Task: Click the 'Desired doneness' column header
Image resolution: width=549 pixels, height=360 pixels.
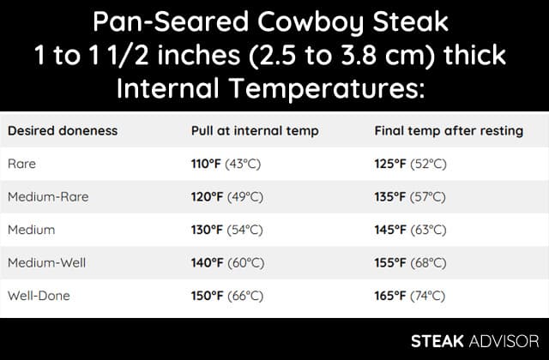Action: [x=63, y=131]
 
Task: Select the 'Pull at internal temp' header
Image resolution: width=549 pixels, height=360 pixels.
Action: [x=255, y=131]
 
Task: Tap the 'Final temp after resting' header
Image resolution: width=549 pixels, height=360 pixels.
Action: [x=449, y=131]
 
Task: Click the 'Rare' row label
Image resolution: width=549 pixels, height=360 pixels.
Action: [x=21, y=164]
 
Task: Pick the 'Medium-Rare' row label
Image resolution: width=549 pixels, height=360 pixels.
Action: [x=48, y=196]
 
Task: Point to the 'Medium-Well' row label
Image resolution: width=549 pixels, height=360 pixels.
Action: [x=46, y=263]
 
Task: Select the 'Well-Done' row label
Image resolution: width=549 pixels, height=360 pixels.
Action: [x=39, y=296]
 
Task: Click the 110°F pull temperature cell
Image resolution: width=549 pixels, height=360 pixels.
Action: [x=226, y=164]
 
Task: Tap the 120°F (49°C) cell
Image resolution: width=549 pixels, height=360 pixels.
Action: [x=226, y=197]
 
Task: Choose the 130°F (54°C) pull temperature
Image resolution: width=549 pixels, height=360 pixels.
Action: [x=226, y=230]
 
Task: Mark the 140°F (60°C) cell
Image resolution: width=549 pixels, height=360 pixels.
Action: [x=227, y=263]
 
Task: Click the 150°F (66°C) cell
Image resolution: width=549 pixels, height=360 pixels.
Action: [x=227, y=296]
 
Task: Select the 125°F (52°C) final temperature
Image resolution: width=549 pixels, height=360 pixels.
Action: [x=410, y=164]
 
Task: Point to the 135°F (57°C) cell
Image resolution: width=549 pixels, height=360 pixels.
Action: [x=410, y=197]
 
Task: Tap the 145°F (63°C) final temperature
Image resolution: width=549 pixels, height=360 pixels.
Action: [x=410, y=230]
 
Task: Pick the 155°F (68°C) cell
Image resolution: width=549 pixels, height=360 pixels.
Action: [x=410, y=263]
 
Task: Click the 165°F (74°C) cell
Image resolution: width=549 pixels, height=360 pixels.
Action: [x=410, y=296]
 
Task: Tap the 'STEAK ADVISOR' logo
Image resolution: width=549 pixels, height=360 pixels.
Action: [x=474, y=341]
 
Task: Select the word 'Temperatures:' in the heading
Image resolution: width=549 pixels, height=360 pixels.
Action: [x=327, y=88]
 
